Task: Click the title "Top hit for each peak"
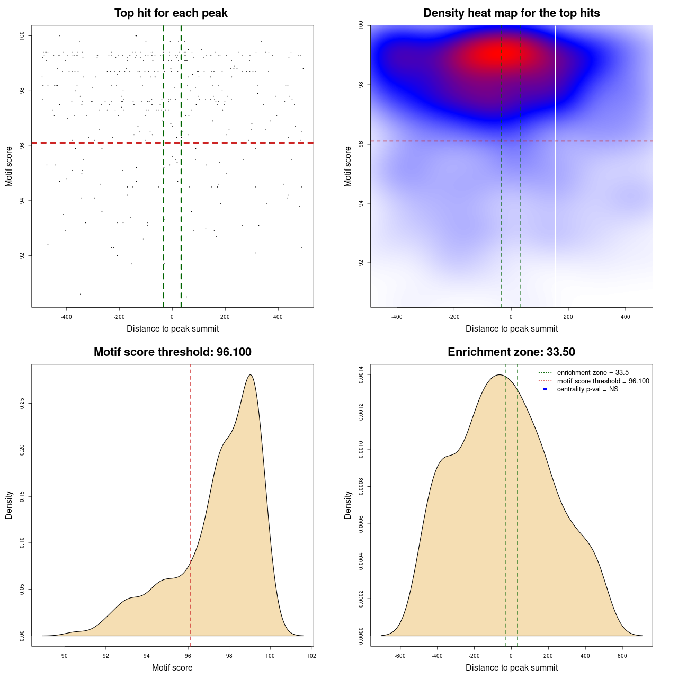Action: pos(171,13)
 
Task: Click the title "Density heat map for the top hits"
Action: pos(511,13)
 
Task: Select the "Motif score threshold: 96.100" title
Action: pos(172,352)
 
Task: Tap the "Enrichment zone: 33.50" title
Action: pos(511,352)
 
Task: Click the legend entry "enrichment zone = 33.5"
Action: pos(593,373)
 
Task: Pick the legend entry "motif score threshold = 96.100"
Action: pos(603,381)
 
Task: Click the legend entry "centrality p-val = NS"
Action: pos(587,389)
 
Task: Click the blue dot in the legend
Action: pos(545,389)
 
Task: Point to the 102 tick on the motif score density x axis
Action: pos(311,656)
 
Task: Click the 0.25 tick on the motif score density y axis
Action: pos(22,404)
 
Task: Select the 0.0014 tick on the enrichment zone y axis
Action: pos(361,375)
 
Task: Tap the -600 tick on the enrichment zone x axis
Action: pos(400,656)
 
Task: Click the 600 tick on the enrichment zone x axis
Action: pos(622,656)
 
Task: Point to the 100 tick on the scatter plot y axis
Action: pos(22,35)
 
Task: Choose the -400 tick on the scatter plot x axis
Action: pos(66,317)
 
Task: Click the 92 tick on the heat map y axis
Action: pos(361,263)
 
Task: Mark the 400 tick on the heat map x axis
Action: pos(626,317)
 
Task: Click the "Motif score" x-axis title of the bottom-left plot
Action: pos(172,667)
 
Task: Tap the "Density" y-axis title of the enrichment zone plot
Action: pos(348,505)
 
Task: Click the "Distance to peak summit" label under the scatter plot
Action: pos(173,328)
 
